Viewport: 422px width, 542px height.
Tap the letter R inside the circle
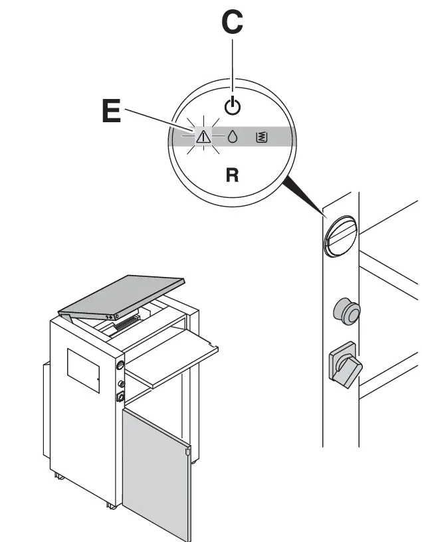click(x=232, y=175)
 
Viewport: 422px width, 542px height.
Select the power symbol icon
click(x=231, y=106)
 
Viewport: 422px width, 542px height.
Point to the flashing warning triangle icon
click(x=203, y=137)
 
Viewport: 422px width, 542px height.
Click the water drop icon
click(x=232, y=137)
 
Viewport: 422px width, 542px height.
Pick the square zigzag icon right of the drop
click(x=261, y=137)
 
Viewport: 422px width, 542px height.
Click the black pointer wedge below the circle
click(x=302, y=197)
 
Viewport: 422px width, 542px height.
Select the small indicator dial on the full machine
click(x=120, y=365)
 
